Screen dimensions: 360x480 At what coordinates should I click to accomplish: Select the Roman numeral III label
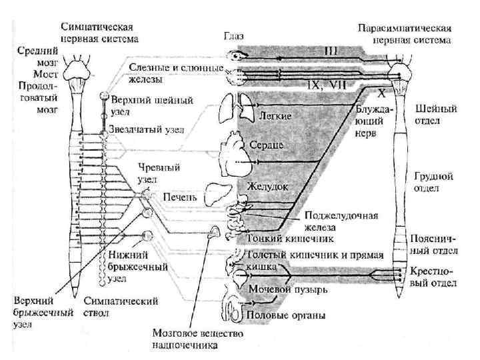pyautogui.click(x=331, y=49)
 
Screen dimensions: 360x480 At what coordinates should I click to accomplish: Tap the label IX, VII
pyautogui.click(x=324, y=85)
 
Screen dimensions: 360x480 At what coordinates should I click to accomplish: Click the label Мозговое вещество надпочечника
pyautogui.click(x=189, y=338)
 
